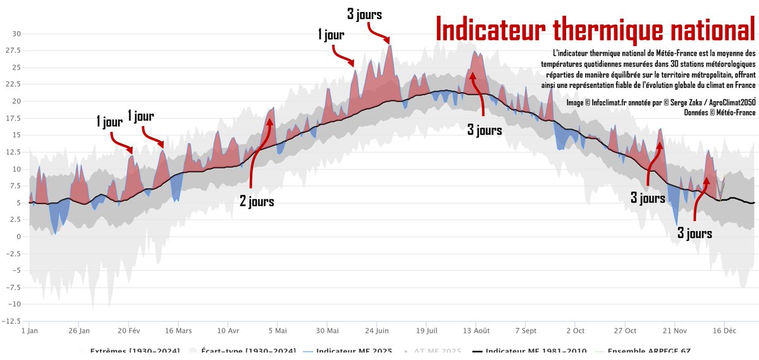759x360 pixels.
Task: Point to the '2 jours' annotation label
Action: [x=257, y=202]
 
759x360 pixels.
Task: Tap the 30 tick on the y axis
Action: [x=17, y=34]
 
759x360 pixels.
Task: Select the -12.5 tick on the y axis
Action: [x=13, y=321]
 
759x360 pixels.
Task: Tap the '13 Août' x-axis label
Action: [x=476, y=331]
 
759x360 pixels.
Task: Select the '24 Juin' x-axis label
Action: [x=377, y=331]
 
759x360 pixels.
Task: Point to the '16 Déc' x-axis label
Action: [x=724, y=331]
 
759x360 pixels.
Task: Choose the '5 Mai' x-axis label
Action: [x=278, y=331]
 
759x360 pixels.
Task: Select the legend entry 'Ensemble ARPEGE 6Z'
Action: [x=648, y=351]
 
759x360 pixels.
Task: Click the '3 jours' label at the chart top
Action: [x=365, y=13]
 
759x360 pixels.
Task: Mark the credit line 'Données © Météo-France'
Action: [x=720, y=113]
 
